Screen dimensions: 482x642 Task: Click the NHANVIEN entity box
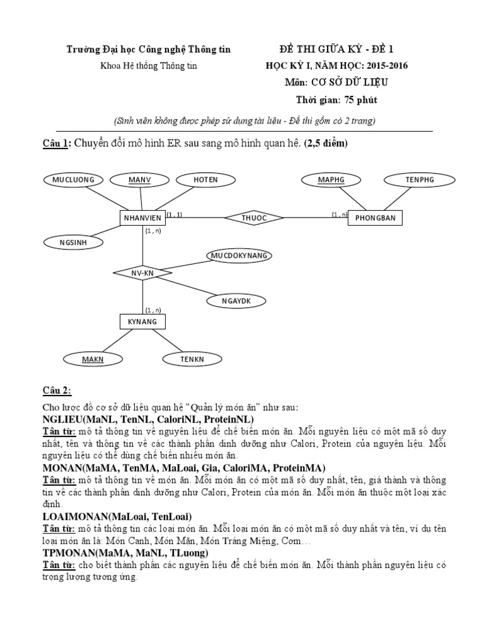142,218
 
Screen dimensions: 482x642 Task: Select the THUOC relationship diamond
254,218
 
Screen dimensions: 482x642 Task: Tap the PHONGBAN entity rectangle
375,218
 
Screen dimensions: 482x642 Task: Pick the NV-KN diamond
142,273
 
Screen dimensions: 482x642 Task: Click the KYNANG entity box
142,322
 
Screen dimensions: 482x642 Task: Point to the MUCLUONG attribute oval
73,180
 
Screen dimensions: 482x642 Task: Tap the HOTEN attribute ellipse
205,180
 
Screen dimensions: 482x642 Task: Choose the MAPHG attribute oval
331,180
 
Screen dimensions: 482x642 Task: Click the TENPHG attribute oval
419,180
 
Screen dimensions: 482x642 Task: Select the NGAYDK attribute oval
236,300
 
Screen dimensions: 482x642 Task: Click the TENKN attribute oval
193,359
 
